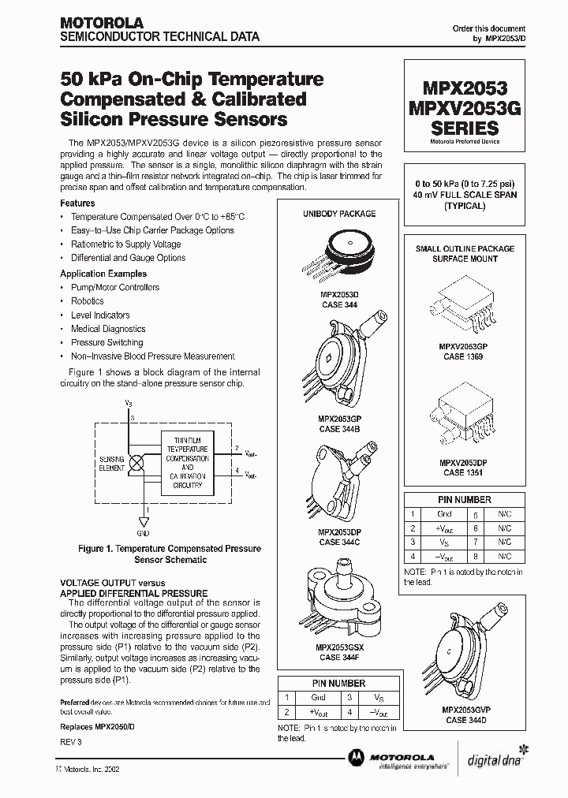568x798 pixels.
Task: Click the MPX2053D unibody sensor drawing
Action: (339, 252)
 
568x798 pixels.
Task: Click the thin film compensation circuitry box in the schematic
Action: (188, 461)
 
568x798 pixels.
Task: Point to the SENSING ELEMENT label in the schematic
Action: (111, 464)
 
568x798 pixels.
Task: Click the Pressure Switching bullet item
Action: (106, 342)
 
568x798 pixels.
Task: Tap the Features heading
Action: (77, 203)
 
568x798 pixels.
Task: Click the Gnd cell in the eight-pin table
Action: (444, 513)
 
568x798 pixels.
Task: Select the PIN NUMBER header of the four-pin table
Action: (338, 683)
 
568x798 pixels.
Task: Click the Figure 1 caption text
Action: (170, 554)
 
